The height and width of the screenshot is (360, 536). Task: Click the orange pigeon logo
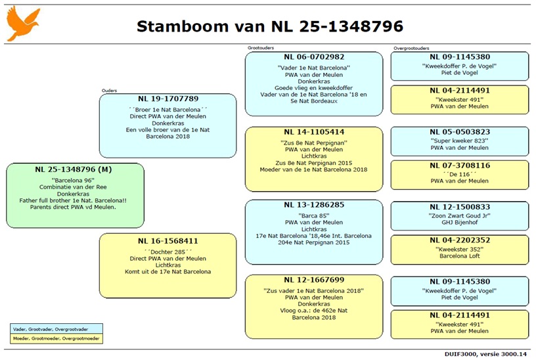23,23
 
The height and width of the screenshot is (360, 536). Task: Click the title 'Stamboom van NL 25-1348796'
270,26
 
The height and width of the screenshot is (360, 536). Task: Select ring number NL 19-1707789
168,99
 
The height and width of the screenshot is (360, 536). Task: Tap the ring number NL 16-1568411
168,241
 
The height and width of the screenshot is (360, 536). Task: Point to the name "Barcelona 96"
73,180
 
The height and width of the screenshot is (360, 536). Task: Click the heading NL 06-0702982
314,57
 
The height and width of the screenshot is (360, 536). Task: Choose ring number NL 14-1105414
314,132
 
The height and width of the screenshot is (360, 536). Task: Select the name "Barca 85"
314,215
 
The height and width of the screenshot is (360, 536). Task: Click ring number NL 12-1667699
314,280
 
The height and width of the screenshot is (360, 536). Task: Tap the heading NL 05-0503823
460,132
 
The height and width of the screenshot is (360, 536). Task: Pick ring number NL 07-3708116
460,166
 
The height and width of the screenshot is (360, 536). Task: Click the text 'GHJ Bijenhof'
460,222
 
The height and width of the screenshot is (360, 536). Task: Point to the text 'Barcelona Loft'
460,256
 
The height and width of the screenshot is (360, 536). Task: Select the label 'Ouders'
110,91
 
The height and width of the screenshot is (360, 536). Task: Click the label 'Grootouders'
261,48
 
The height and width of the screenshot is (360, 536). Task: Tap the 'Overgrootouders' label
411,48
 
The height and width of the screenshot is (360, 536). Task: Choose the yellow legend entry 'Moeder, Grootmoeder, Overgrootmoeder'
56,338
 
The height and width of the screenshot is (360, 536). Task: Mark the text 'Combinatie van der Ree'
73,187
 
